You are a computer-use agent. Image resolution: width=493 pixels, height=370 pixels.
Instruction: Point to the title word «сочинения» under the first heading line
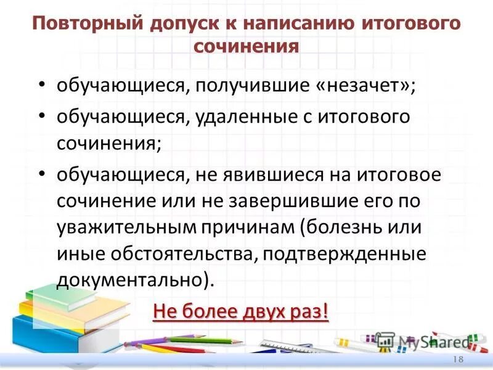(246, 47)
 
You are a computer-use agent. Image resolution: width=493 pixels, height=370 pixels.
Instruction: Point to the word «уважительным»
(126, 228)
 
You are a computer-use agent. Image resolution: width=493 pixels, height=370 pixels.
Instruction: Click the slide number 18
(458, 360)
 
